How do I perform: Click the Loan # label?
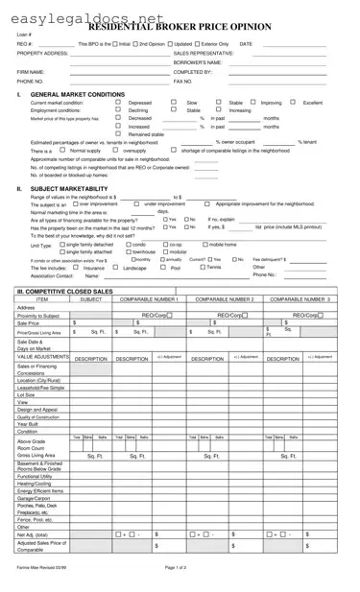(x=25, y=36)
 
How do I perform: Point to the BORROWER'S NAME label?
(x=199, y=62)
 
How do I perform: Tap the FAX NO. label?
(x=183, y=82)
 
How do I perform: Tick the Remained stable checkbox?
(x=118, y=134)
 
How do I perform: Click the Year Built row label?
(x=30, y=424)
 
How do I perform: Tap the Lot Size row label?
(x=27, y=394)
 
